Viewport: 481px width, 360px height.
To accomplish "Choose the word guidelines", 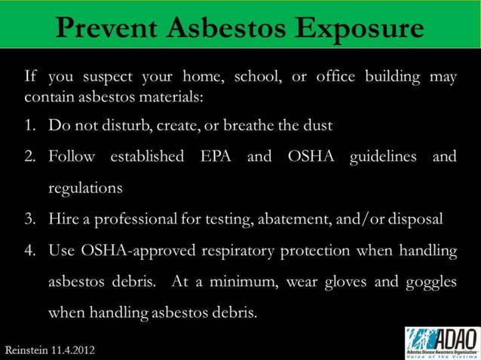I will point(378,157).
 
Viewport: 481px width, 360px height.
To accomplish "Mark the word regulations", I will point(85,188).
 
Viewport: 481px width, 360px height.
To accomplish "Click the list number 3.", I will point(32,219).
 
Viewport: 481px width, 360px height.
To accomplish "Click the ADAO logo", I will point(441,342).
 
